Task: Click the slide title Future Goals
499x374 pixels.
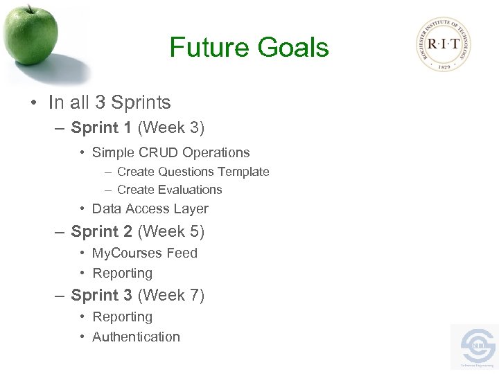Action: point(249,48)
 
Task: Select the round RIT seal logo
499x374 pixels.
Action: point(444,45)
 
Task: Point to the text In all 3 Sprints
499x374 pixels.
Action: point(110,103)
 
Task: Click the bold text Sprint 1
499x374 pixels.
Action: point(101,127)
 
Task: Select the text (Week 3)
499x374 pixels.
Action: point(171,127)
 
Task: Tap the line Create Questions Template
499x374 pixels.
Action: point(193,172)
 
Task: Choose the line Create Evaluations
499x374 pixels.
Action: point(169,190)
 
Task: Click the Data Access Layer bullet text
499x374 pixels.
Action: point(150,208)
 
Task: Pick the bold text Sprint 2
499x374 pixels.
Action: point(101,231)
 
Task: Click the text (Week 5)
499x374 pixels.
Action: point(171,231)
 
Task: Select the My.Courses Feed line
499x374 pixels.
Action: point(144,253)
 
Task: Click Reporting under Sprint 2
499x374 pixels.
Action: point(122,273)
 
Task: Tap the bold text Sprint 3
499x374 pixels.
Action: point(101,295)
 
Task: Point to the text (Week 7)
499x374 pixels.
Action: point(171,295)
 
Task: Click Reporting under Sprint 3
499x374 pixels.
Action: point(122,317)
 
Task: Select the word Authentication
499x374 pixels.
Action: point(136,337)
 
